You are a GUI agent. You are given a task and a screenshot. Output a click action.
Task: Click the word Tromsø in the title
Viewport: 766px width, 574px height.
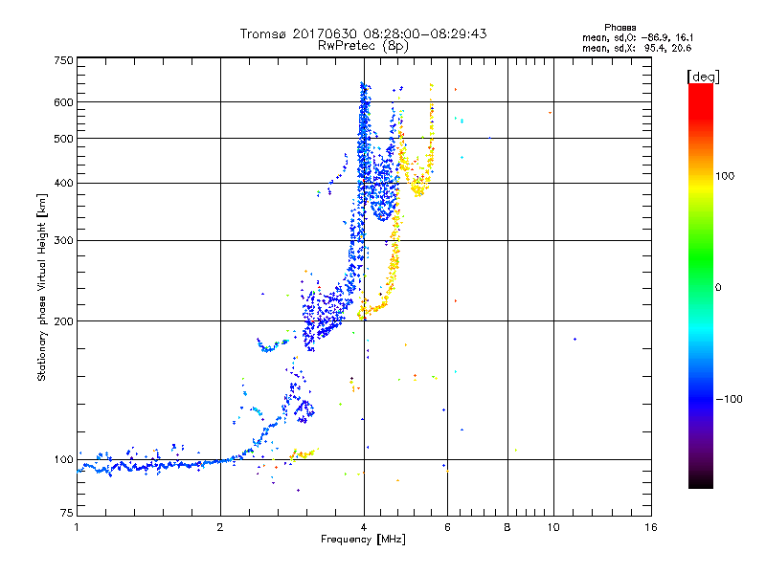[263, 33]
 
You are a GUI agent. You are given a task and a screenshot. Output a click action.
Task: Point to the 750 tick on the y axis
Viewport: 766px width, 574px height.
[63, 59]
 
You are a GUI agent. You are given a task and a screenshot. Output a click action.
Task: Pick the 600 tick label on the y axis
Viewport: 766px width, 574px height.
[63, 102]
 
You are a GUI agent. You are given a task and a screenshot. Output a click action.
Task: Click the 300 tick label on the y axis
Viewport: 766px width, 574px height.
[63, 240]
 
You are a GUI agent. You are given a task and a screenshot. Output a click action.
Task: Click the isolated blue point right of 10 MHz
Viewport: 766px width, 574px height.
[574, 339]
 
